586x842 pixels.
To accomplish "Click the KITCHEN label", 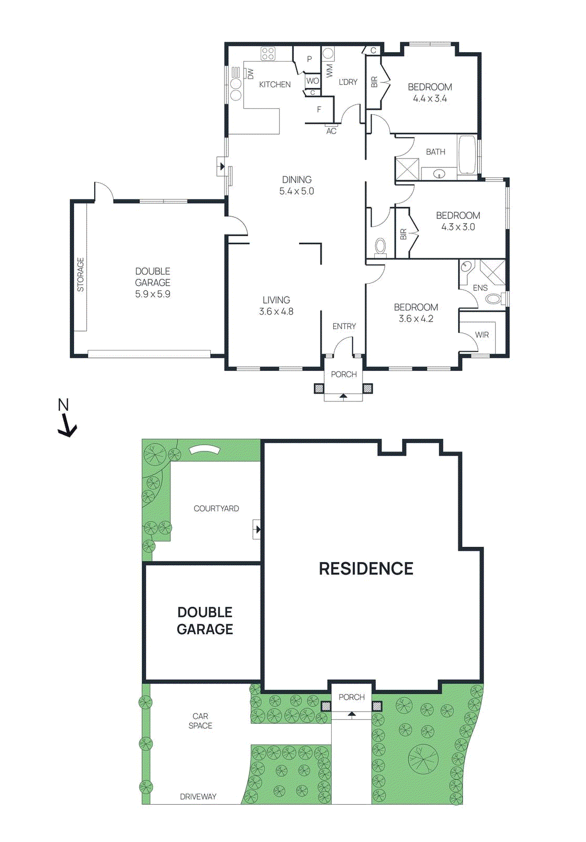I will (x=274, y=84).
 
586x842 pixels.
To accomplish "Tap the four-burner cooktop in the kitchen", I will (x=268, y=53).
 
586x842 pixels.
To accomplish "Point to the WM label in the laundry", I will (x=330, y=71).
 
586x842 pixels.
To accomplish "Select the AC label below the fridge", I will (x=331, y=131).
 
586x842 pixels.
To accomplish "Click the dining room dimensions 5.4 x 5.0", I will (x=296, y=192).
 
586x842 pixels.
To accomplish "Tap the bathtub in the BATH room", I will (x=467, y=155).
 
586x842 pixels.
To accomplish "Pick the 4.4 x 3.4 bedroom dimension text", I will (x=429, y=98).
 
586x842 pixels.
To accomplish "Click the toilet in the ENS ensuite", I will (x=493, y=299).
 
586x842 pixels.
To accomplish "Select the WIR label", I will (x=481, y=335).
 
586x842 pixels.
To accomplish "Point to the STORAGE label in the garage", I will (x=80, y=274).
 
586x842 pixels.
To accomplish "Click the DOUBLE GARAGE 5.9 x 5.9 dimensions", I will (x=152, y=294).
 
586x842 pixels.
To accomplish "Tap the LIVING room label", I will (x=276, y=300).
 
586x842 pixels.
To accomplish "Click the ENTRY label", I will (x=344, y=326).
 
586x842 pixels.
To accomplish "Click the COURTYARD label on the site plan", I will (x=216, y=508).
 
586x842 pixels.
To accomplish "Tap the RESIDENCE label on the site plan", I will (x=366, y=568).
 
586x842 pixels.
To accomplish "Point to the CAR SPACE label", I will (x=200, y=721).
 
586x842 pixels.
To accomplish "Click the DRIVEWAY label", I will (x=198, y=797).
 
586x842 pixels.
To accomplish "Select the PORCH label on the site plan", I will (x=351, y=697).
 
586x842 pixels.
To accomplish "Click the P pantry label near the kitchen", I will (x=310, y=59).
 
